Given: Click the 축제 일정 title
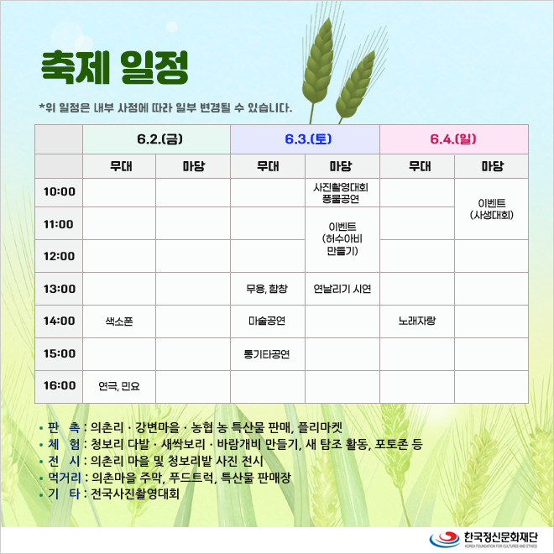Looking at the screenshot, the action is (x=114, y=68).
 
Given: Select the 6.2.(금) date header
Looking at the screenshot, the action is (x=159, y=138).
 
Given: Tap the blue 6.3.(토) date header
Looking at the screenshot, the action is (x=308, y=138).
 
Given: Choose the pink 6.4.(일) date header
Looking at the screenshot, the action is (x=453, y=138).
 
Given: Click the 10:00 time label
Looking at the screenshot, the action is (x=60, y=192).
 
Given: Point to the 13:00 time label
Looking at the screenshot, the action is (x=60, y=289).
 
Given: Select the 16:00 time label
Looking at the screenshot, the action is (x=60, y=385).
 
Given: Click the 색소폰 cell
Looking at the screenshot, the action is (x=119, y=321).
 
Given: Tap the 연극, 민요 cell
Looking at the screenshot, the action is (x=119, y=386).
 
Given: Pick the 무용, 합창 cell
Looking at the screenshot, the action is (x=267, y=289).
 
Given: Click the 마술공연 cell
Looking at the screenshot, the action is (x=267, y=321).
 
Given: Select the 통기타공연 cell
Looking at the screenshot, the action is (x=267, y=354).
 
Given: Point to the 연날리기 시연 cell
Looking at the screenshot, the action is (x=342, y=289).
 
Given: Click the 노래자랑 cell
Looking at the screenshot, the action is (x=417, y=321).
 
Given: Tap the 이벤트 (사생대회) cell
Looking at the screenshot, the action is (x=491, y=209).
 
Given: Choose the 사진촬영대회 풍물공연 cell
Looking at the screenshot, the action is (x=341, y=193).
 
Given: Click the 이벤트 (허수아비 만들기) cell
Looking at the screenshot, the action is (x=342, y=239).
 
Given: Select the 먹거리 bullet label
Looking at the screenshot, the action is (x=65, y=478).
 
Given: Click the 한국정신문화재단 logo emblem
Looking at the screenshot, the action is (x=444, y=539).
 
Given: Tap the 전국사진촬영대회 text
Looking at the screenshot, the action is (x=135, y=494).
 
